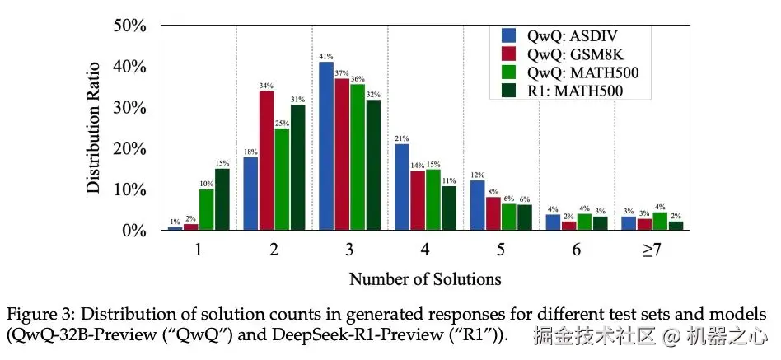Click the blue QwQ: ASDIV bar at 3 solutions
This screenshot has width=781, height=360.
(x=326, y=146)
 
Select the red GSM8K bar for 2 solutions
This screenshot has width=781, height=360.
(x=266, y=161)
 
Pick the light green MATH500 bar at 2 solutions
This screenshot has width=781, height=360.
(x=282, y=180)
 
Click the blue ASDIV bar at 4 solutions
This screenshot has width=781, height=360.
(x=402, y=187)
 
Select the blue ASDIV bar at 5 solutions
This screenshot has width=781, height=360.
(x=477, y=205)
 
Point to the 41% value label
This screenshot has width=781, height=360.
(x=326, y=56)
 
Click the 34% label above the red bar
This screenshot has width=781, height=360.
(x=266, y=85)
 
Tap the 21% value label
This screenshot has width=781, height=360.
(x=402, y=138)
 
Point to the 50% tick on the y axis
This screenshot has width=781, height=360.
(x=130, y=26)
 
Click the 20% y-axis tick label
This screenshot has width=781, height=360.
(x=130, y=149)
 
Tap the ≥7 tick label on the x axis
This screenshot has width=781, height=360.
(x=651, y=250)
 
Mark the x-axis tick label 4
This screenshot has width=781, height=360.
(x=424, y=250)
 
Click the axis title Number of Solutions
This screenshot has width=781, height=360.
(x=425, y=278)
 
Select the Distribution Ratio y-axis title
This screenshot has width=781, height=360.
(x=95, y=128)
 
